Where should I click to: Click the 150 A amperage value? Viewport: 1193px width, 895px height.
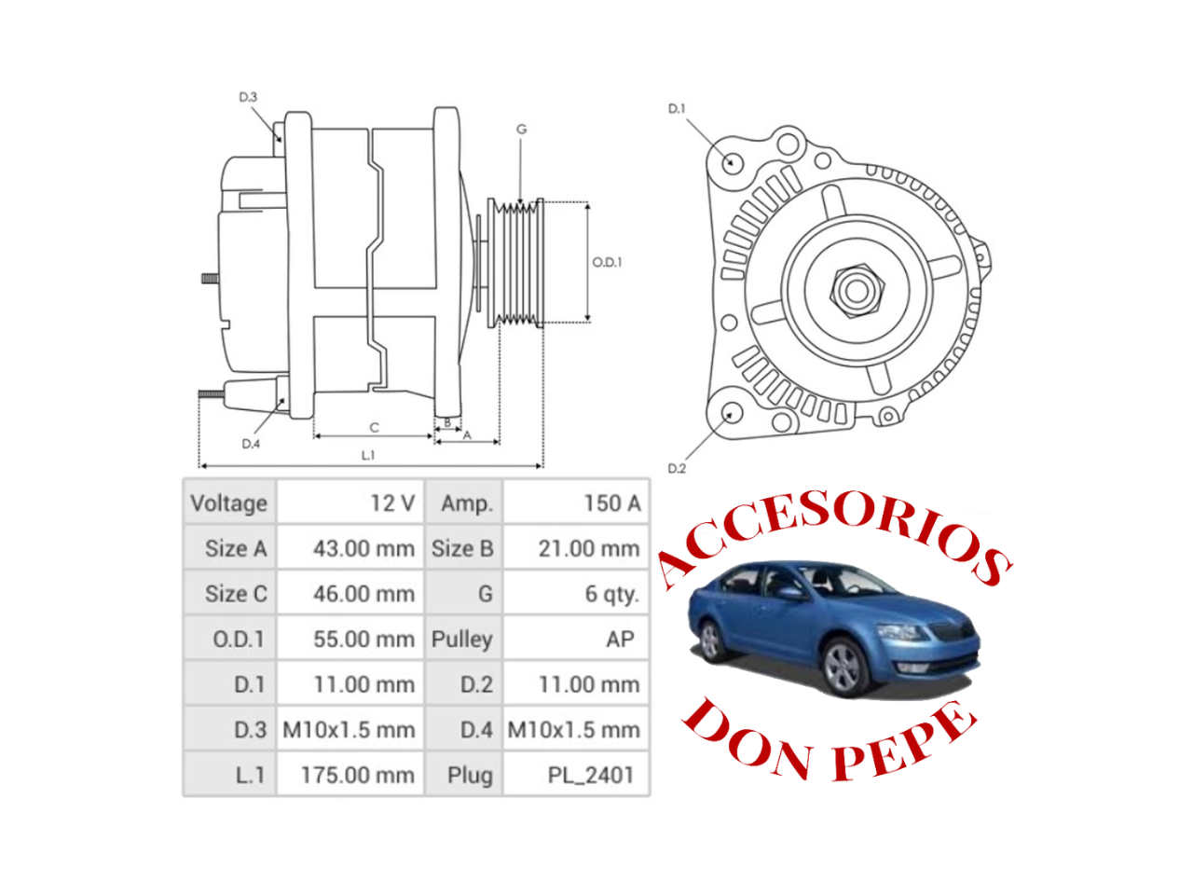(611, 503)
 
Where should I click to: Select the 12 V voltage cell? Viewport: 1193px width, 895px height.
(391, 503)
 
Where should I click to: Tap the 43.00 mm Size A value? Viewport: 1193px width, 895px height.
(363, 548)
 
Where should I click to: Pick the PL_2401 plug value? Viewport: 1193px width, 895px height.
(590, 775)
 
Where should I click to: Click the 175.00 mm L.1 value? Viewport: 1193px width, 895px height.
(357, 775)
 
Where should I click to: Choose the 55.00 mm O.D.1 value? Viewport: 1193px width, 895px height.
(363, 639)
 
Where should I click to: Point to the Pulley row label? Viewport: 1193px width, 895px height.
(462, 639)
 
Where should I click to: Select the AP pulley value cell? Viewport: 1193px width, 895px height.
(619, 639)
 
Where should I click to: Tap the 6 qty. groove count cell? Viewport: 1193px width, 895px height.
(611, 594)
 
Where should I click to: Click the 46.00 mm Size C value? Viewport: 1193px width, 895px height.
(363, 594)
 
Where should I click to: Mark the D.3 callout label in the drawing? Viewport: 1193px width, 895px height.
(247, 97)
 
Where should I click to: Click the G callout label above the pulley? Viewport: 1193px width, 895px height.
(521, 130)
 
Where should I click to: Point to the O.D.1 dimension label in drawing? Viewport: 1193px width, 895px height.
(607, 262)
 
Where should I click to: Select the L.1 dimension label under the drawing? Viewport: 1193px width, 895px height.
(368, 455)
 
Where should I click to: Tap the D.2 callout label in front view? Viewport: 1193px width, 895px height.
(676, 468)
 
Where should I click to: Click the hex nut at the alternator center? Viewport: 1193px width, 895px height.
(855, 289)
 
